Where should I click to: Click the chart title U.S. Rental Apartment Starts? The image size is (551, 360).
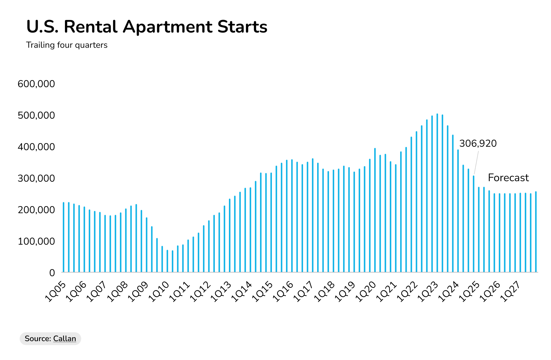pos(147,27)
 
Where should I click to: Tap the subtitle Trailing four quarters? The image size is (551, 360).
pos(67,45)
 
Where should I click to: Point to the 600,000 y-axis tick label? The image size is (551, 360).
pos(36,84)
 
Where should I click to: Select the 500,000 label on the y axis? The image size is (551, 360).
pos(36,116)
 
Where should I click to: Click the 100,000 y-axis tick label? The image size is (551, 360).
pos(36,242)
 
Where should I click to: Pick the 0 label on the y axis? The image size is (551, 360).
pos(52,273)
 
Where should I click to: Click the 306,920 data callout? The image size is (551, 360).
pos(478,143)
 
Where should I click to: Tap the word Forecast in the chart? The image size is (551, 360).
pos(508,178)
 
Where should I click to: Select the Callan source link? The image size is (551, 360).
pos(65,339)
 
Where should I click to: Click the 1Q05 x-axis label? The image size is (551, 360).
pos(56,292)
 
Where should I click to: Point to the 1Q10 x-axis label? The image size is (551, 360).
pos(159,292)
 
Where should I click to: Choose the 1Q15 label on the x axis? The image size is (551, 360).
pos(263,292)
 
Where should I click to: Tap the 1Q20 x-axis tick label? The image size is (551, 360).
pos(366,292)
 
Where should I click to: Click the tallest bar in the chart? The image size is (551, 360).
pos(437,194)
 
